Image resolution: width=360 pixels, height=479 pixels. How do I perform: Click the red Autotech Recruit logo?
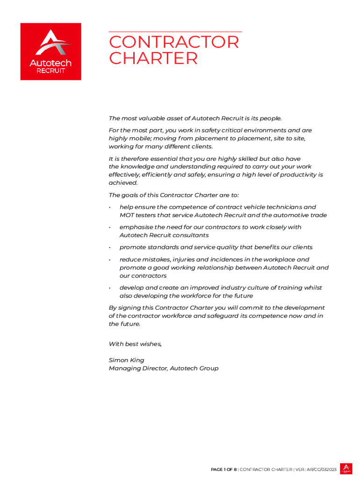click(50, 51)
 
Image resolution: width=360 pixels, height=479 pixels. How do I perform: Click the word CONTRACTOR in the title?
click(173, 43)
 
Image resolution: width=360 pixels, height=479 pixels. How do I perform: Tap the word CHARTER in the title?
click(153, 59)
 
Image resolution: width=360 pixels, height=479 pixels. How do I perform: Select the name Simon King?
click(126, 360)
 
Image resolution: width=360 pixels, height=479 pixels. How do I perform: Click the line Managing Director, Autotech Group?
click(163, 369)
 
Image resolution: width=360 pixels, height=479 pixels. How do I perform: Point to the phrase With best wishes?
click(135, 344)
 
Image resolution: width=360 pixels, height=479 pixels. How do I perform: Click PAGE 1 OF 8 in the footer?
click(223, 469)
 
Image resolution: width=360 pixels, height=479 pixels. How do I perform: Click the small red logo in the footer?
click(346, 469)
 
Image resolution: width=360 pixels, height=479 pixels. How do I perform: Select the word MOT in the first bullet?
click(127, 215)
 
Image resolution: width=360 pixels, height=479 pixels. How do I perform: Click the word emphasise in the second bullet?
click(136, 227)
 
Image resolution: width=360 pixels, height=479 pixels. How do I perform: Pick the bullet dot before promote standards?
click(109, 247)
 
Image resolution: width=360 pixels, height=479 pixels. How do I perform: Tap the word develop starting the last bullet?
click(132, 288)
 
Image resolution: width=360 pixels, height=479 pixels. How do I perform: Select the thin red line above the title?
click(175, 31)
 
